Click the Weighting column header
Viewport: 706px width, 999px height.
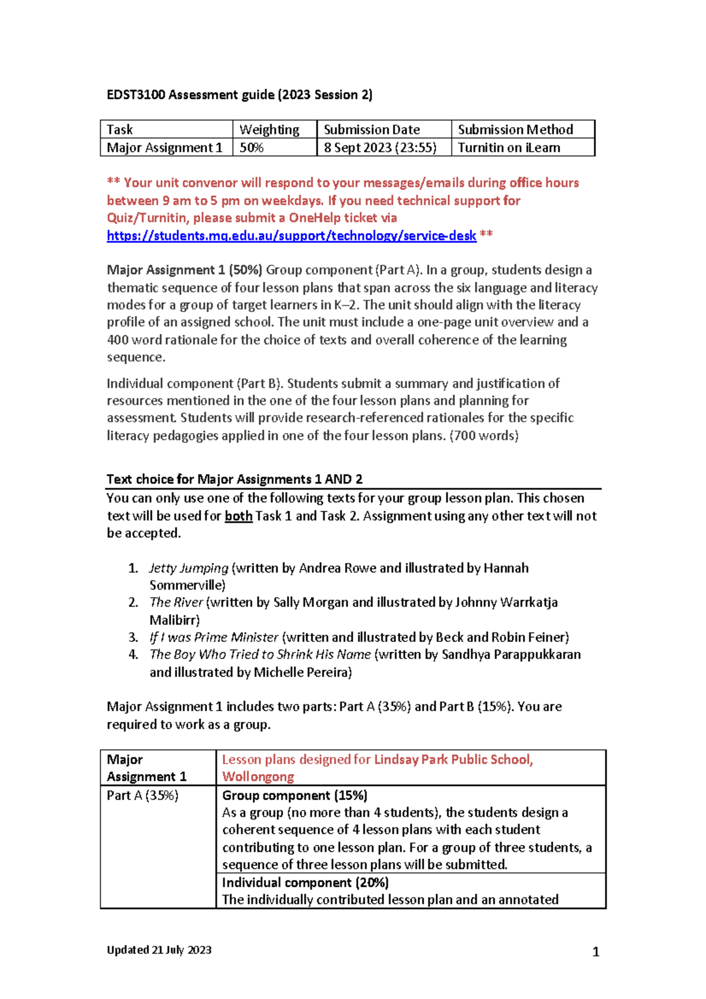coord(269,129)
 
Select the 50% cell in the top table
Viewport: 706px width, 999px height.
coord(252,148)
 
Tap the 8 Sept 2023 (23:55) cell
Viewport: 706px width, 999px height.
coord(380,148)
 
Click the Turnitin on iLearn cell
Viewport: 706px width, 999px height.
coord(509,148)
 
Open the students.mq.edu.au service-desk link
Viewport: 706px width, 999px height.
coord(291,236)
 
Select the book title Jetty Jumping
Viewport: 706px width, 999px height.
coord(188,568)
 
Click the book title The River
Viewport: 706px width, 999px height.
coord(176,602)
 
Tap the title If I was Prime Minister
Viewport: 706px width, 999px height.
coord(214,637)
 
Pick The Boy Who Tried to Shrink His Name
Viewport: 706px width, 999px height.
coord(260,655)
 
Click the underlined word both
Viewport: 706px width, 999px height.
coord(238,516)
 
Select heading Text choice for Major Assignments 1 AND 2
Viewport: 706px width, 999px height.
coord(234,479)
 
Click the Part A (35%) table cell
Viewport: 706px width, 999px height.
coord(142,795)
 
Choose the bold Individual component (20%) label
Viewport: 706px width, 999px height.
coord(305,883)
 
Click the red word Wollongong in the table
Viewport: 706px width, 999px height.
coord(258,777)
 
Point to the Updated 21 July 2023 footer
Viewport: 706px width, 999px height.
coord(159,950)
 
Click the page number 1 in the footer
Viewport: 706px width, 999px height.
coord(595,952)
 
